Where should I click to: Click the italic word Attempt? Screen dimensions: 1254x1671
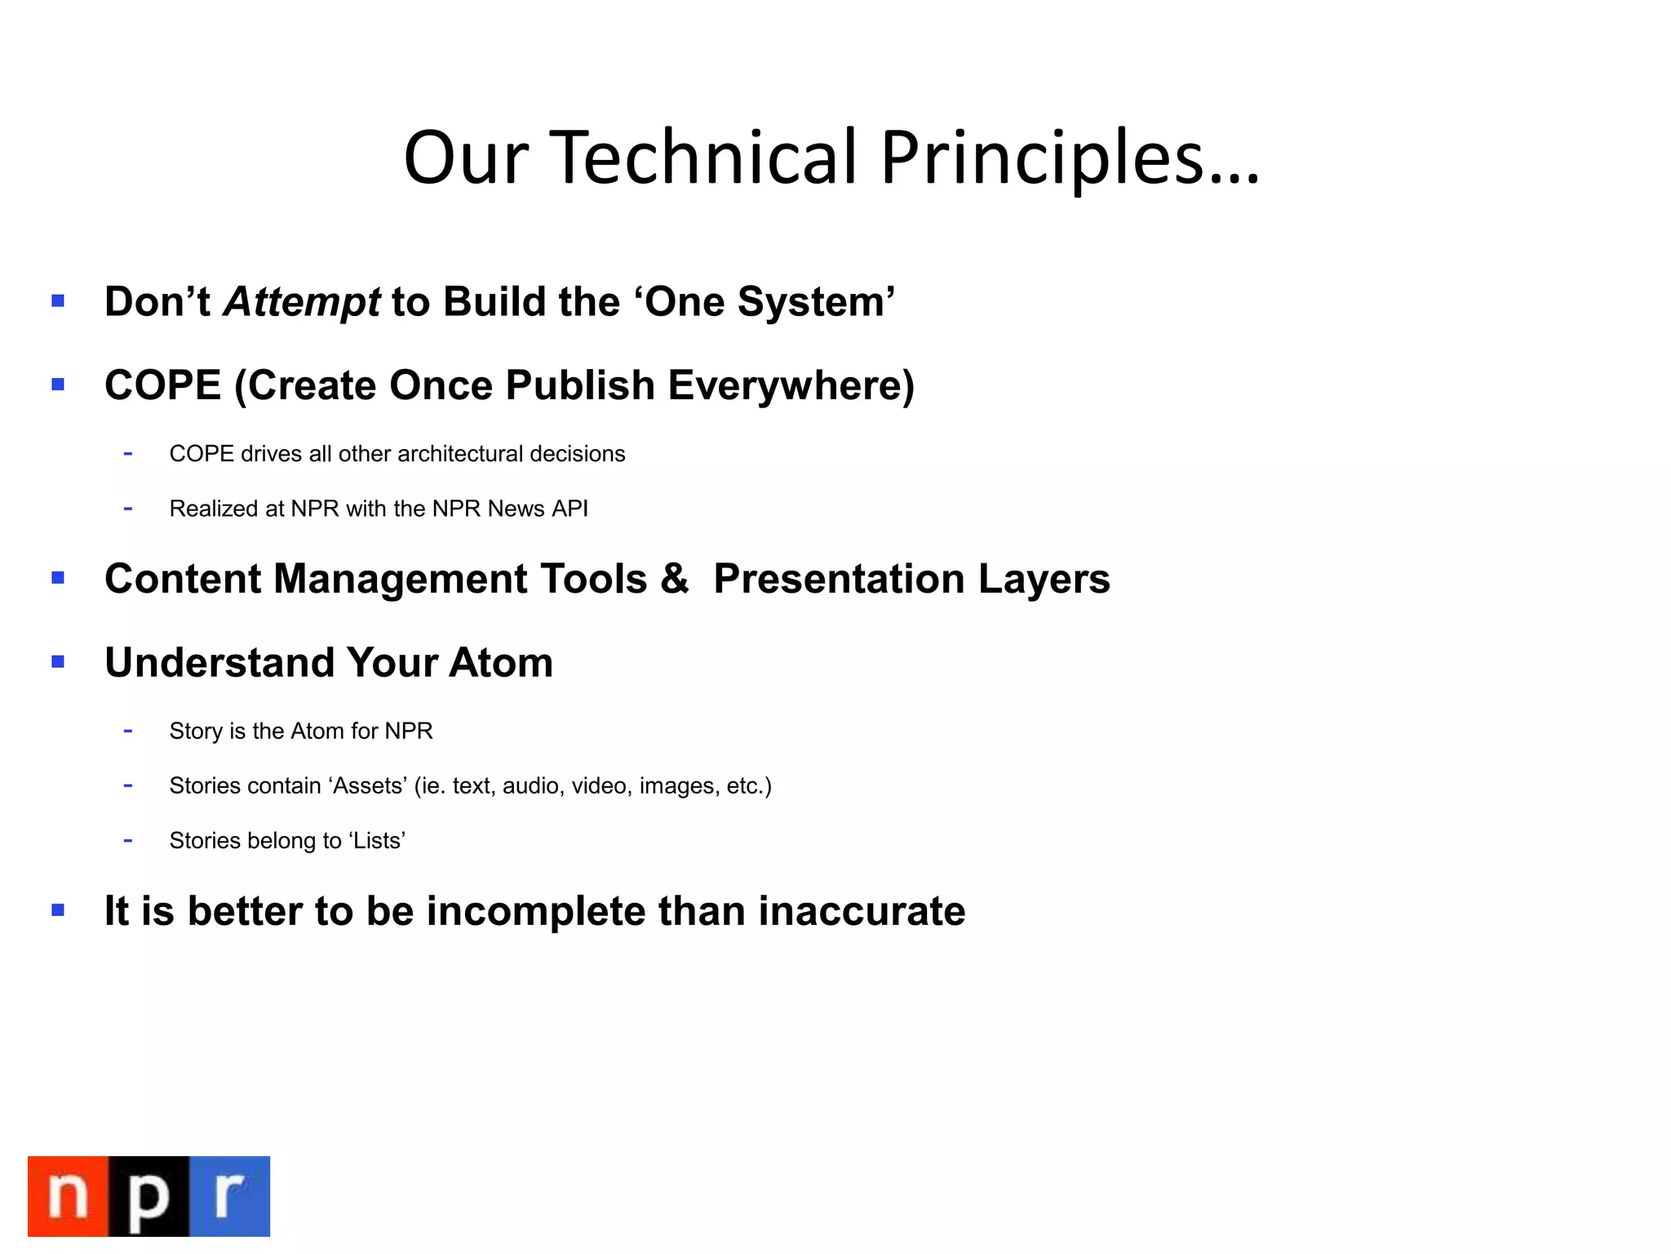point(302,303)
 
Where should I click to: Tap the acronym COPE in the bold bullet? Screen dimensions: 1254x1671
point(162,385)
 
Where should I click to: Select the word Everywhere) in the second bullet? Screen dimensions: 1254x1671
point(791,385)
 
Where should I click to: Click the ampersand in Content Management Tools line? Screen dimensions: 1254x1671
point(674,578)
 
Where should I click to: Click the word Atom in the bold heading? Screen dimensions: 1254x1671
point(500,662)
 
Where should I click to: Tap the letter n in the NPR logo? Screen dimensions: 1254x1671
point(69,1196)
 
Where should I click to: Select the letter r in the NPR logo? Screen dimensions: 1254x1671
point(229,1196)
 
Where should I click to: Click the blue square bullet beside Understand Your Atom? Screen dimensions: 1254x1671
point(58,661)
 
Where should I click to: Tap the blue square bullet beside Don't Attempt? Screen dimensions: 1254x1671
point(58,301)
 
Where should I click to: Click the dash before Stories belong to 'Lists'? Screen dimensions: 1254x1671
point(128,840)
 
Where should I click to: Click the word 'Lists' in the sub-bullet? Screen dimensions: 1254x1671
point(376,840)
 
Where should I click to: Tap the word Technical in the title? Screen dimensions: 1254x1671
point(707,158)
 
